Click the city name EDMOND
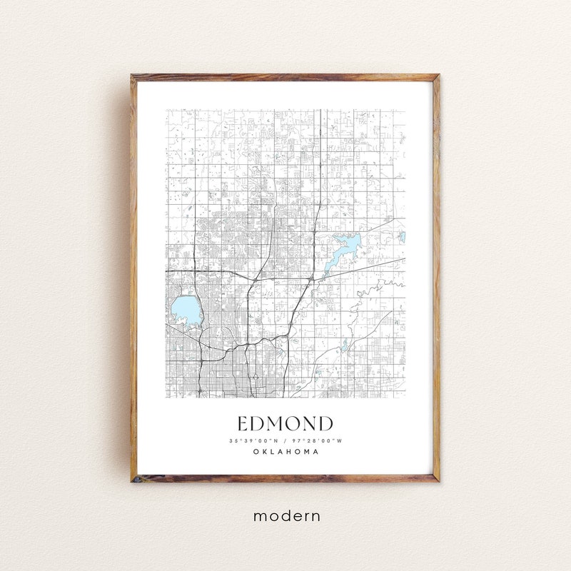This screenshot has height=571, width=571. (x=285, y=424)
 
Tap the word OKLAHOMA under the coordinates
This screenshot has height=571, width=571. (x=285, y=451)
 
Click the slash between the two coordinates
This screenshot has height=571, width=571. (x=285, y=440)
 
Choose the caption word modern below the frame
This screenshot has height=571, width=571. (x=285, y=515)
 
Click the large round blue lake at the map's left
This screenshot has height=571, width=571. (x=184, y=310)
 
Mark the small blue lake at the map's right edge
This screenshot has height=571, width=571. (x=402, y=236)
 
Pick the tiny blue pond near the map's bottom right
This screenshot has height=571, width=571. (x=345, y=346)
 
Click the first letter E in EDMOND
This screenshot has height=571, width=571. (x=243, y=424)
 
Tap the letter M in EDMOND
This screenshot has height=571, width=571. (x=275, y=424)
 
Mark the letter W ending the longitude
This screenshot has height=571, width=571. (x=340, y=440)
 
